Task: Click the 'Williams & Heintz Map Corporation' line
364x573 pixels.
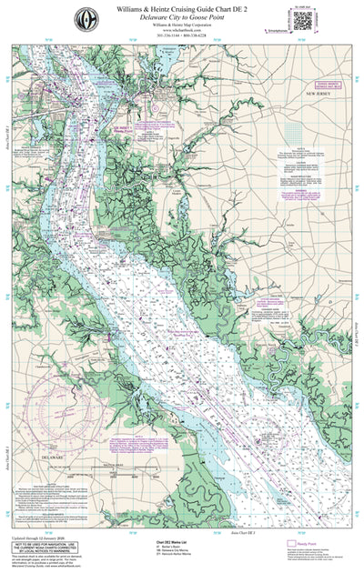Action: [x=182, y=26]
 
